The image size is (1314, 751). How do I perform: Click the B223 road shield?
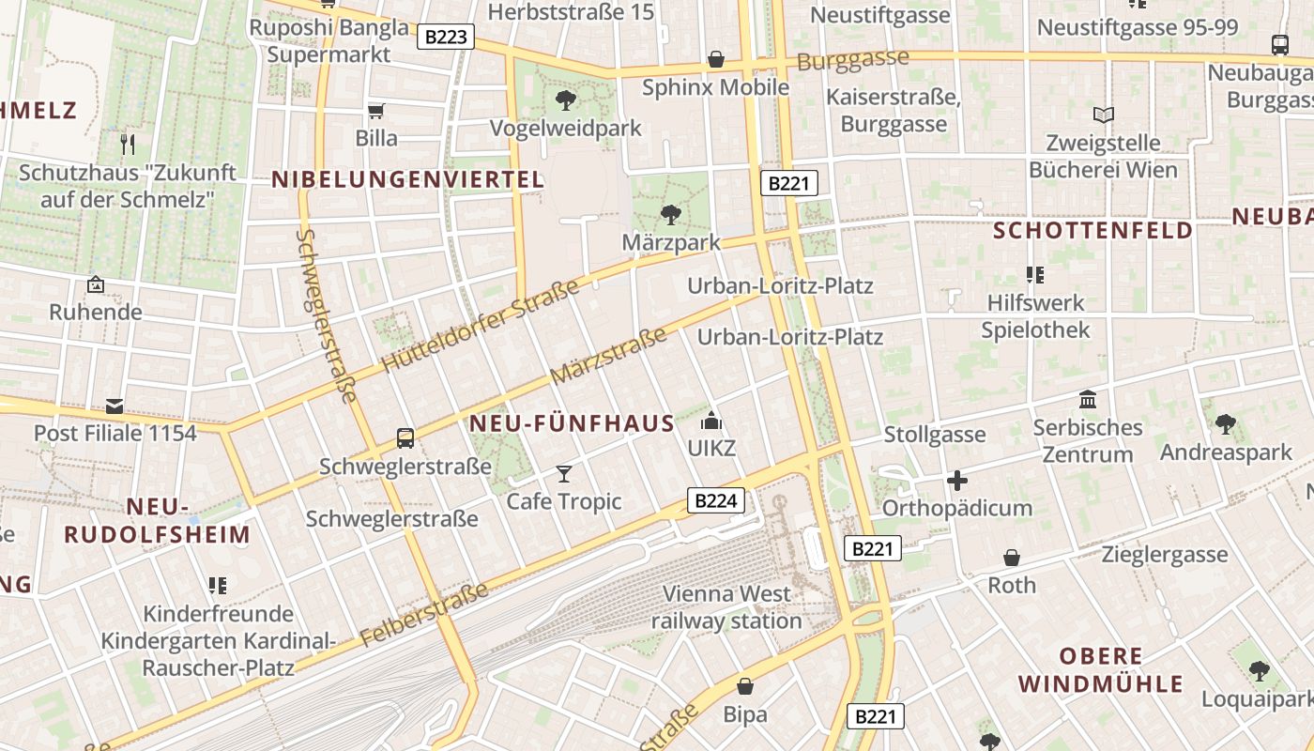coord(446,37)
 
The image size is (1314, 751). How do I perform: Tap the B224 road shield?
coord(716,500)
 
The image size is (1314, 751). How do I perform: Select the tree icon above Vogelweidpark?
coord(566,100)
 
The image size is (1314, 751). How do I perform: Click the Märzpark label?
coord(671,242)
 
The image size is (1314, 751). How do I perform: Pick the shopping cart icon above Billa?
coord(376,112)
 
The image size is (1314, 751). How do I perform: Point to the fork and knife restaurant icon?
coord(129,144)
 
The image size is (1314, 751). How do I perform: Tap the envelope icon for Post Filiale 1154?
coord(115,406)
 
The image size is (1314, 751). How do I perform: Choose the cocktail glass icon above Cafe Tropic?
coord(564,474)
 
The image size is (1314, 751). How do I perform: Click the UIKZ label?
coord(711,448)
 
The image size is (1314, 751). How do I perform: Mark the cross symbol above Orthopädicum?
coord(956,482)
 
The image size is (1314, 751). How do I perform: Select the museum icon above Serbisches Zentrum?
coord(1088,400)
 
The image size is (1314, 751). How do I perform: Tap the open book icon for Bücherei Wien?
coord(1104,115)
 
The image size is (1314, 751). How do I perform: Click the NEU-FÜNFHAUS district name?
coord(572,423)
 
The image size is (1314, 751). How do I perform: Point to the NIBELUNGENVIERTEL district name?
coord(407,179)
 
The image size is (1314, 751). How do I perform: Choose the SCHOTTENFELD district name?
coord(1092,230)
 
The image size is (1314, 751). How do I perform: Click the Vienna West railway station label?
coord(727,606)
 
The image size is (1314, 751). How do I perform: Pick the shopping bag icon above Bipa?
coord(745,686)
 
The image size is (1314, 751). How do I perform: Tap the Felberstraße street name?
coord(425,615)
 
